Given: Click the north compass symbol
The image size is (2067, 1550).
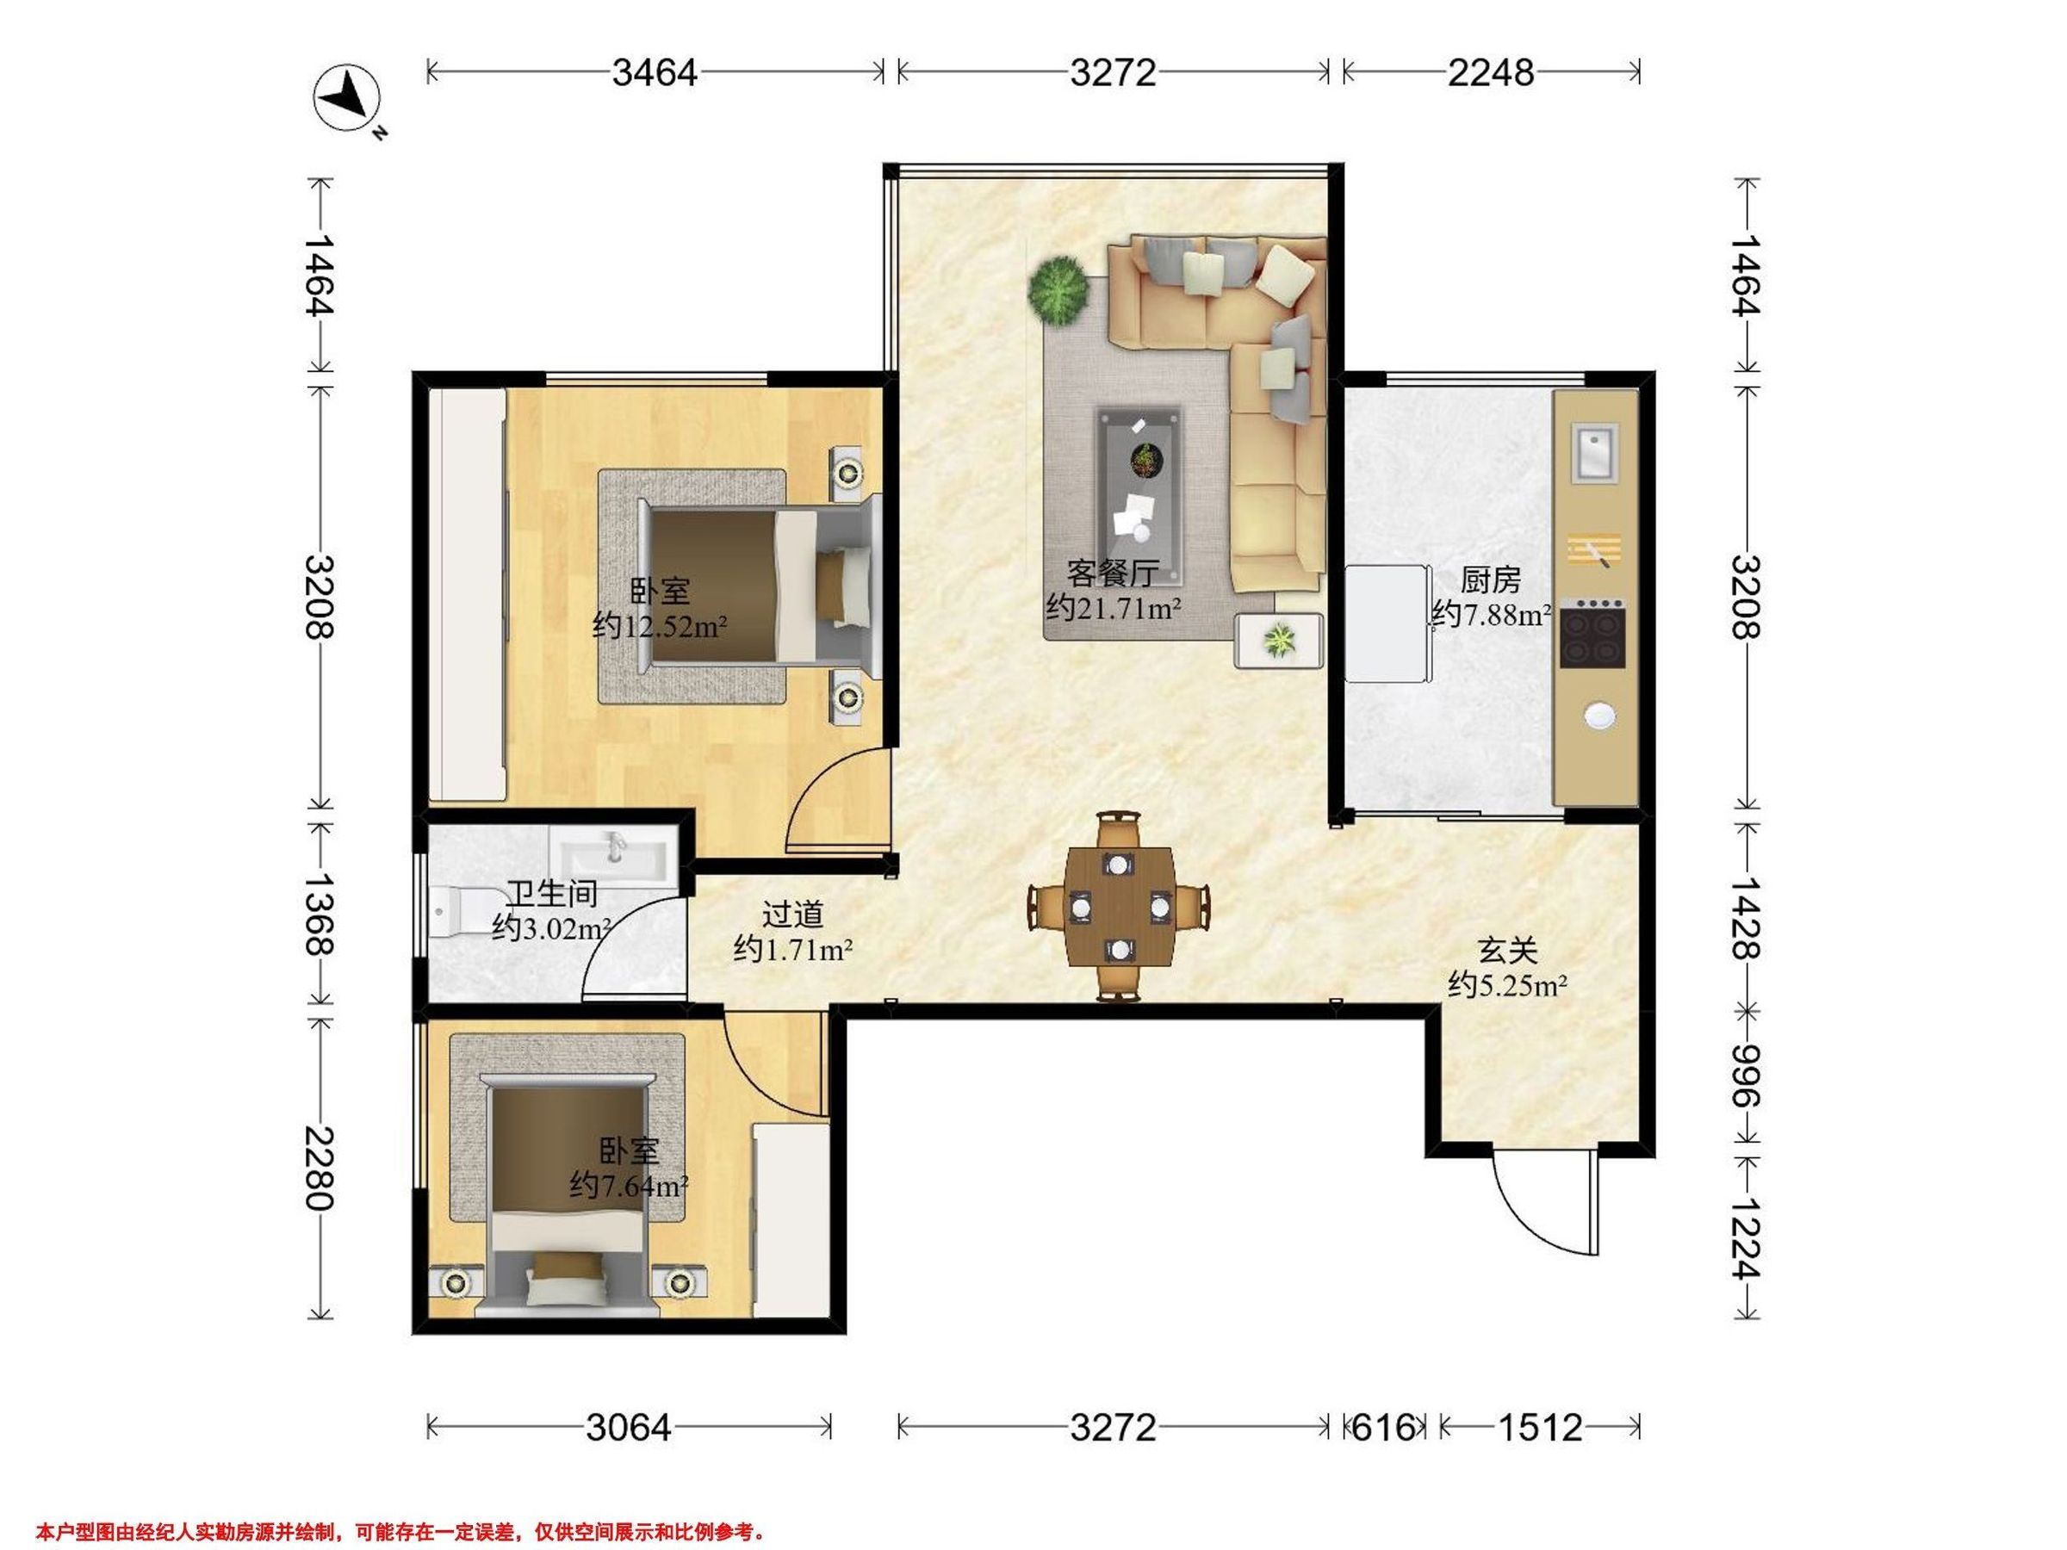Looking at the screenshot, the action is pos(348,98).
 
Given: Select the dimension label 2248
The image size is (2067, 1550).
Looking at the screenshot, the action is pos(1491,72).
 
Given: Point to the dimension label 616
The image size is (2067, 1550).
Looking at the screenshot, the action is pos(1383,1428).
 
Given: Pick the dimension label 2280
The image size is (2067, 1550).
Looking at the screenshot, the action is pos(320,1168).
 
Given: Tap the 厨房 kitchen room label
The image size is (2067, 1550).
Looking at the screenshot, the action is pos(1491,580).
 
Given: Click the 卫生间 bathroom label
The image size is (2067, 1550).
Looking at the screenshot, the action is pos(551,894).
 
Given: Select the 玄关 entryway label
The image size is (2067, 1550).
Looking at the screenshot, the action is pos(1507,952).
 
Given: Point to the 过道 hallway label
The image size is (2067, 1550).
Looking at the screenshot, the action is pos(792,914).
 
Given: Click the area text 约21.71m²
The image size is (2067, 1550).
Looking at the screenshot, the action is pos(1113,608).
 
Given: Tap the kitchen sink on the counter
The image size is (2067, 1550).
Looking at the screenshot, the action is pos(1594,452).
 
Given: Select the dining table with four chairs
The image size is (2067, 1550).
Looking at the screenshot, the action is pos(1119,906).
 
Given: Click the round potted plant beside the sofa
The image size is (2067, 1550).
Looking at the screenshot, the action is pos(1058,290).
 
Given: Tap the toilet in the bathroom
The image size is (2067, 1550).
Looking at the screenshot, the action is pos(454,909).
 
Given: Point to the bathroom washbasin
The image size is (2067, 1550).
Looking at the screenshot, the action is pos(613,853).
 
